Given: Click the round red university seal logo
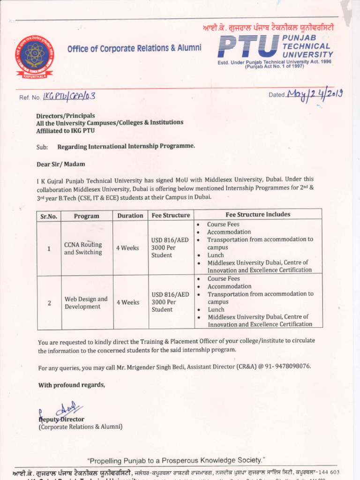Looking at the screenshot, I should pos(34,56).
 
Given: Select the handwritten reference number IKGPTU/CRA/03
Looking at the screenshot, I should pos(69,96).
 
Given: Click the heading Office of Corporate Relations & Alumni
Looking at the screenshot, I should pos(134,48).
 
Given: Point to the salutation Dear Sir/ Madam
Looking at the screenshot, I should pos(61,164).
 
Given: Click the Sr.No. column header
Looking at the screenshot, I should pos(49,216).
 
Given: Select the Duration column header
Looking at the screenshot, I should pos(130,216).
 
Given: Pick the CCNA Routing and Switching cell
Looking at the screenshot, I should pos(83,248).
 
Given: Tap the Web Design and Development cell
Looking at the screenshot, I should pos(86,303).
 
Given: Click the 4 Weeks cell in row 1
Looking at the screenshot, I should pos(127,248).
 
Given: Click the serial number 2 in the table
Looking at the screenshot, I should pos(49,303).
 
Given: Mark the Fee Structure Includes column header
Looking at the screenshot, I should pos(258,215).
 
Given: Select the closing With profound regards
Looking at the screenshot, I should pos(72,385).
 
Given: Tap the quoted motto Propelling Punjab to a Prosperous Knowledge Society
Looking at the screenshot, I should pos(176,460).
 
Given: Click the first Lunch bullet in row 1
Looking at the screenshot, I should pos(216,255).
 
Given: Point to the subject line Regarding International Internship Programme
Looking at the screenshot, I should pos(126,146).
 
